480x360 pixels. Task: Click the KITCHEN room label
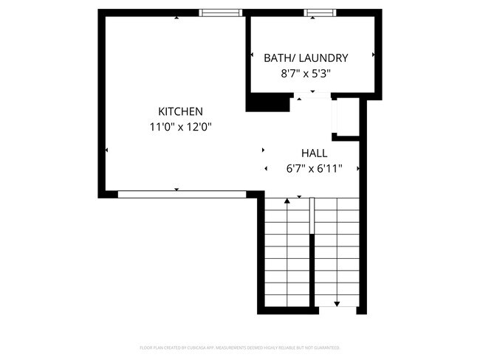click(x=180, y=111)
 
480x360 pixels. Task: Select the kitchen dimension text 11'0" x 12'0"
click(x=181, y=127)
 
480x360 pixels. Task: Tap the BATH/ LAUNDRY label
click(x=306, y=58)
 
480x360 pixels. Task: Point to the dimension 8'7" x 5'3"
click(x=306, y=74)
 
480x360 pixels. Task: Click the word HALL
click(x=314, y=153)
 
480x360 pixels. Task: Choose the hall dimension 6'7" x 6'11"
click(x=314, y=169)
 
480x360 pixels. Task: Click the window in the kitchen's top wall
click(x=221, y=13)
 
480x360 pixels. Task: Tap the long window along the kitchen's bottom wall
click(x=182, y=194)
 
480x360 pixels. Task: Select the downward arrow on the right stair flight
click(x=337, y=303)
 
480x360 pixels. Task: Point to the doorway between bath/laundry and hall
click(x=312, y=96)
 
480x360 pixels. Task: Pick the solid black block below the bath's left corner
click(x=268, y=103)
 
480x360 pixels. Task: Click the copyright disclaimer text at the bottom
click(x=240, y=347)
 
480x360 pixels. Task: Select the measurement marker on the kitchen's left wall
click(x=107, y=150)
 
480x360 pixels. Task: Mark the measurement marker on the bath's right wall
click(x=374, y=55)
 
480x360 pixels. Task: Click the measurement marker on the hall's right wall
click(x=359, y=169)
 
